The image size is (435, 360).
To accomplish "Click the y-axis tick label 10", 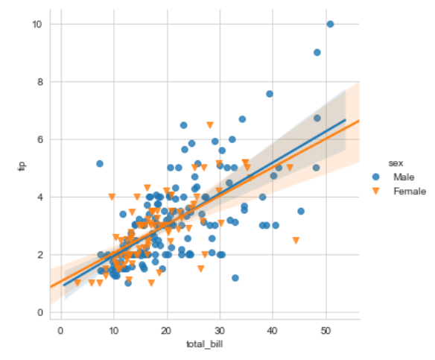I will coord(36,25).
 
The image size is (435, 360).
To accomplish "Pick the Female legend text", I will coord(410,191).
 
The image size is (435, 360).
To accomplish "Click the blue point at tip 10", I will coord(330,25).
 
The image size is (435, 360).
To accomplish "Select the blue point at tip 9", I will coord(317,53).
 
